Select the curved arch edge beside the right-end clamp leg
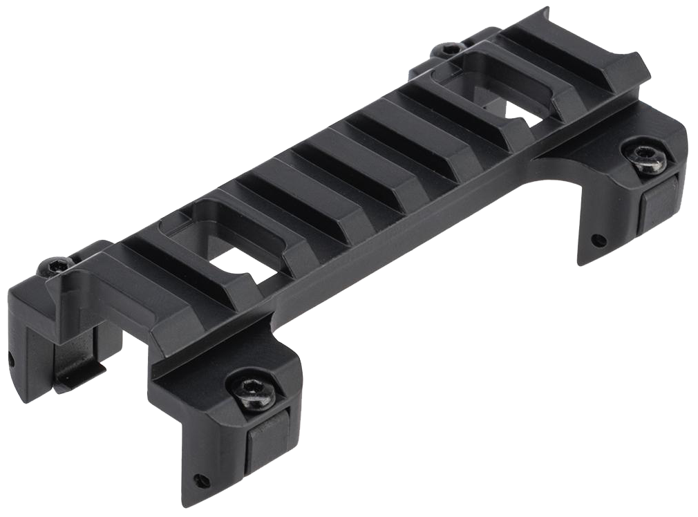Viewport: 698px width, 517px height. pyautogui.click(x=553, y=173)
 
